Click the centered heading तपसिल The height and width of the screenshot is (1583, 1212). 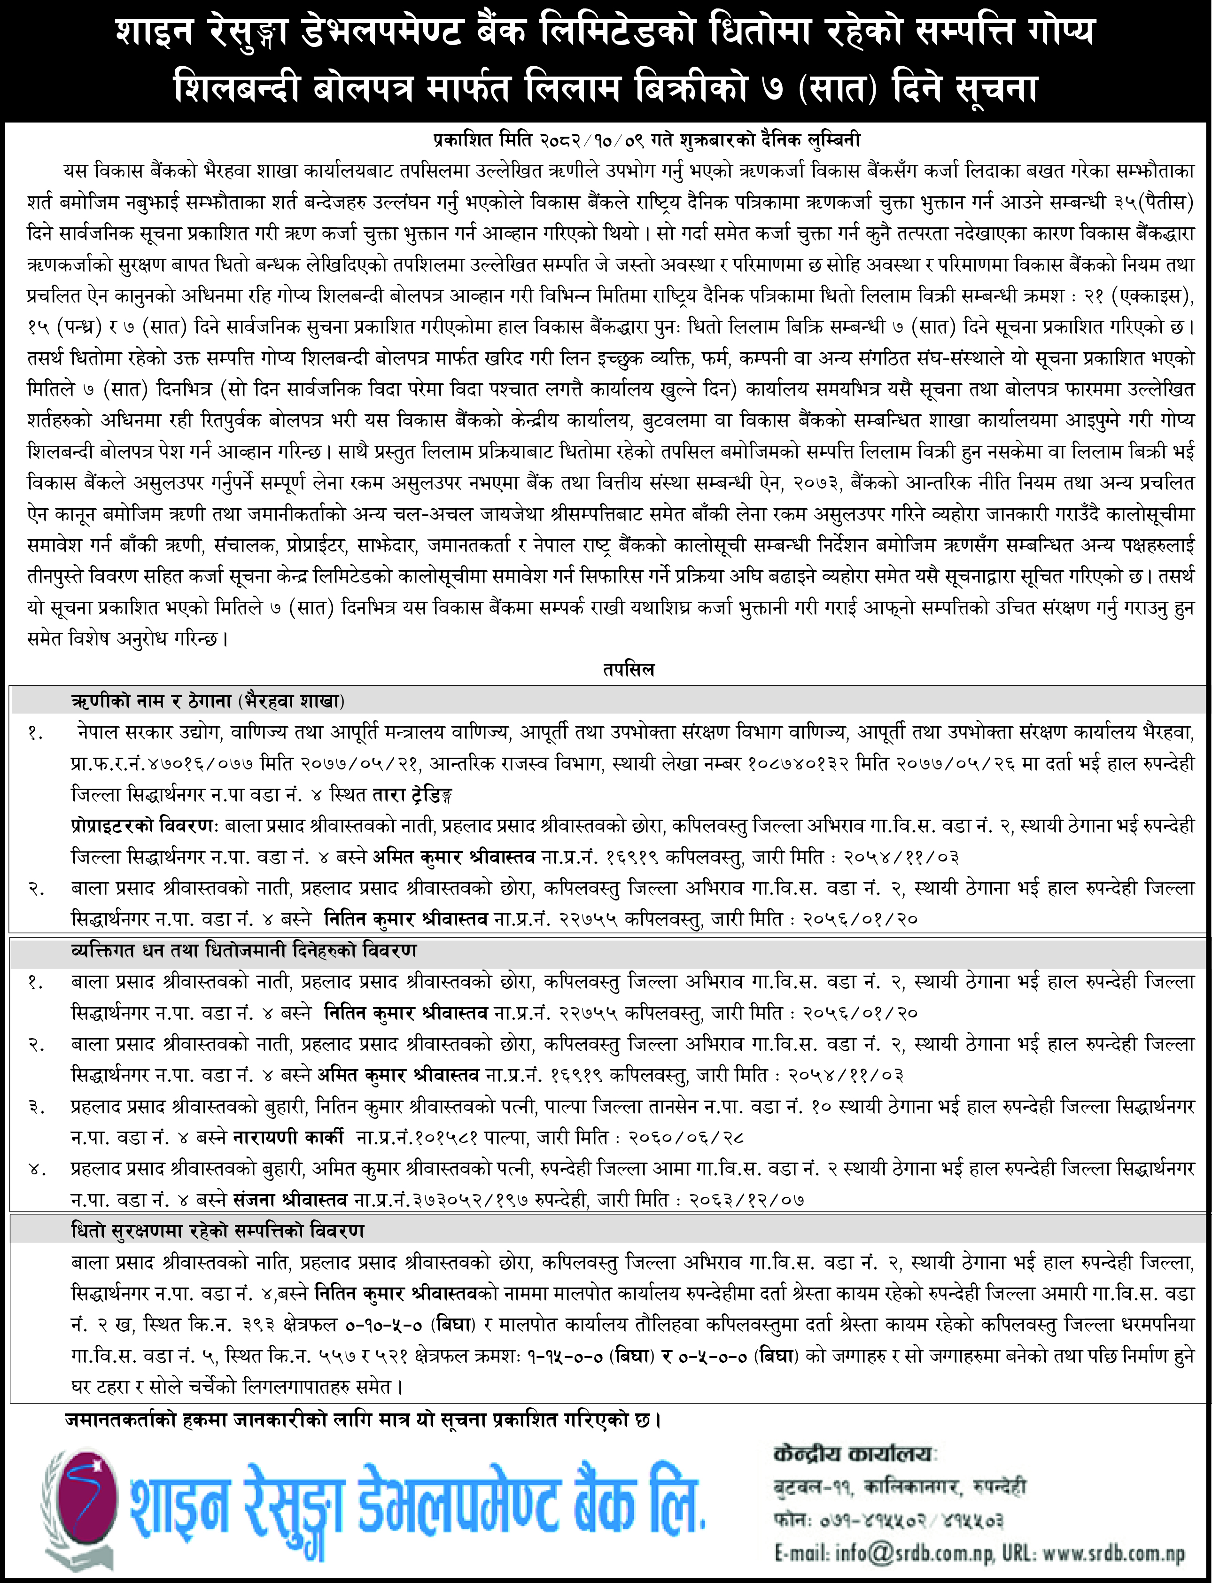pyautogui.click(x=629, y=669)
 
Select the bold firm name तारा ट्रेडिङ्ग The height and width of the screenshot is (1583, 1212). pyautogui.click(x=412, y=795)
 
